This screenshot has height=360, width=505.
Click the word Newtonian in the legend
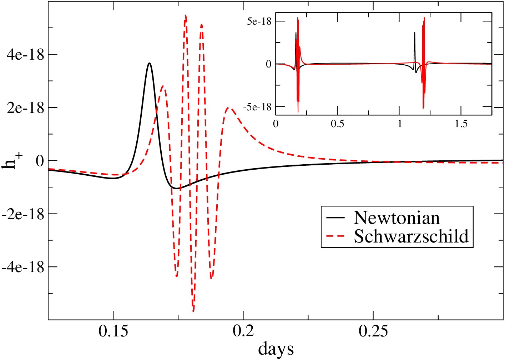397,217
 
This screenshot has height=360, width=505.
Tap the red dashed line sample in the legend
335,236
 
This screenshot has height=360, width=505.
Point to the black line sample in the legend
335,217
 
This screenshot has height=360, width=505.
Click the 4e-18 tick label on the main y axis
25,55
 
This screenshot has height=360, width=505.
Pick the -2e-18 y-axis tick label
22,214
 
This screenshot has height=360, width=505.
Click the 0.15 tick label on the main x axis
113,331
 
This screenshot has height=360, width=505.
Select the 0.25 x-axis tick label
373,331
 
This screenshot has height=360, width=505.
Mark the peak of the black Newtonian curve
149,63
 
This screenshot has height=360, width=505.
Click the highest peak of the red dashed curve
186,15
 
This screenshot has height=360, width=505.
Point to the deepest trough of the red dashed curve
193,311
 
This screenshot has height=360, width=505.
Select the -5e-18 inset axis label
257,107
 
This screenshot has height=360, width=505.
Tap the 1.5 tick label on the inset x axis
461,124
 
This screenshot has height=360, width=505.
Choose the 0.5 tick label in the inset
337,124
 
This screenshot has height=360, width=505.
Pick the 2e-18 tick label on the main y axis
25,107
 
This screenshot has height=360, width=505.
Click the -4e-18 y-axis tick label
22,267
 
